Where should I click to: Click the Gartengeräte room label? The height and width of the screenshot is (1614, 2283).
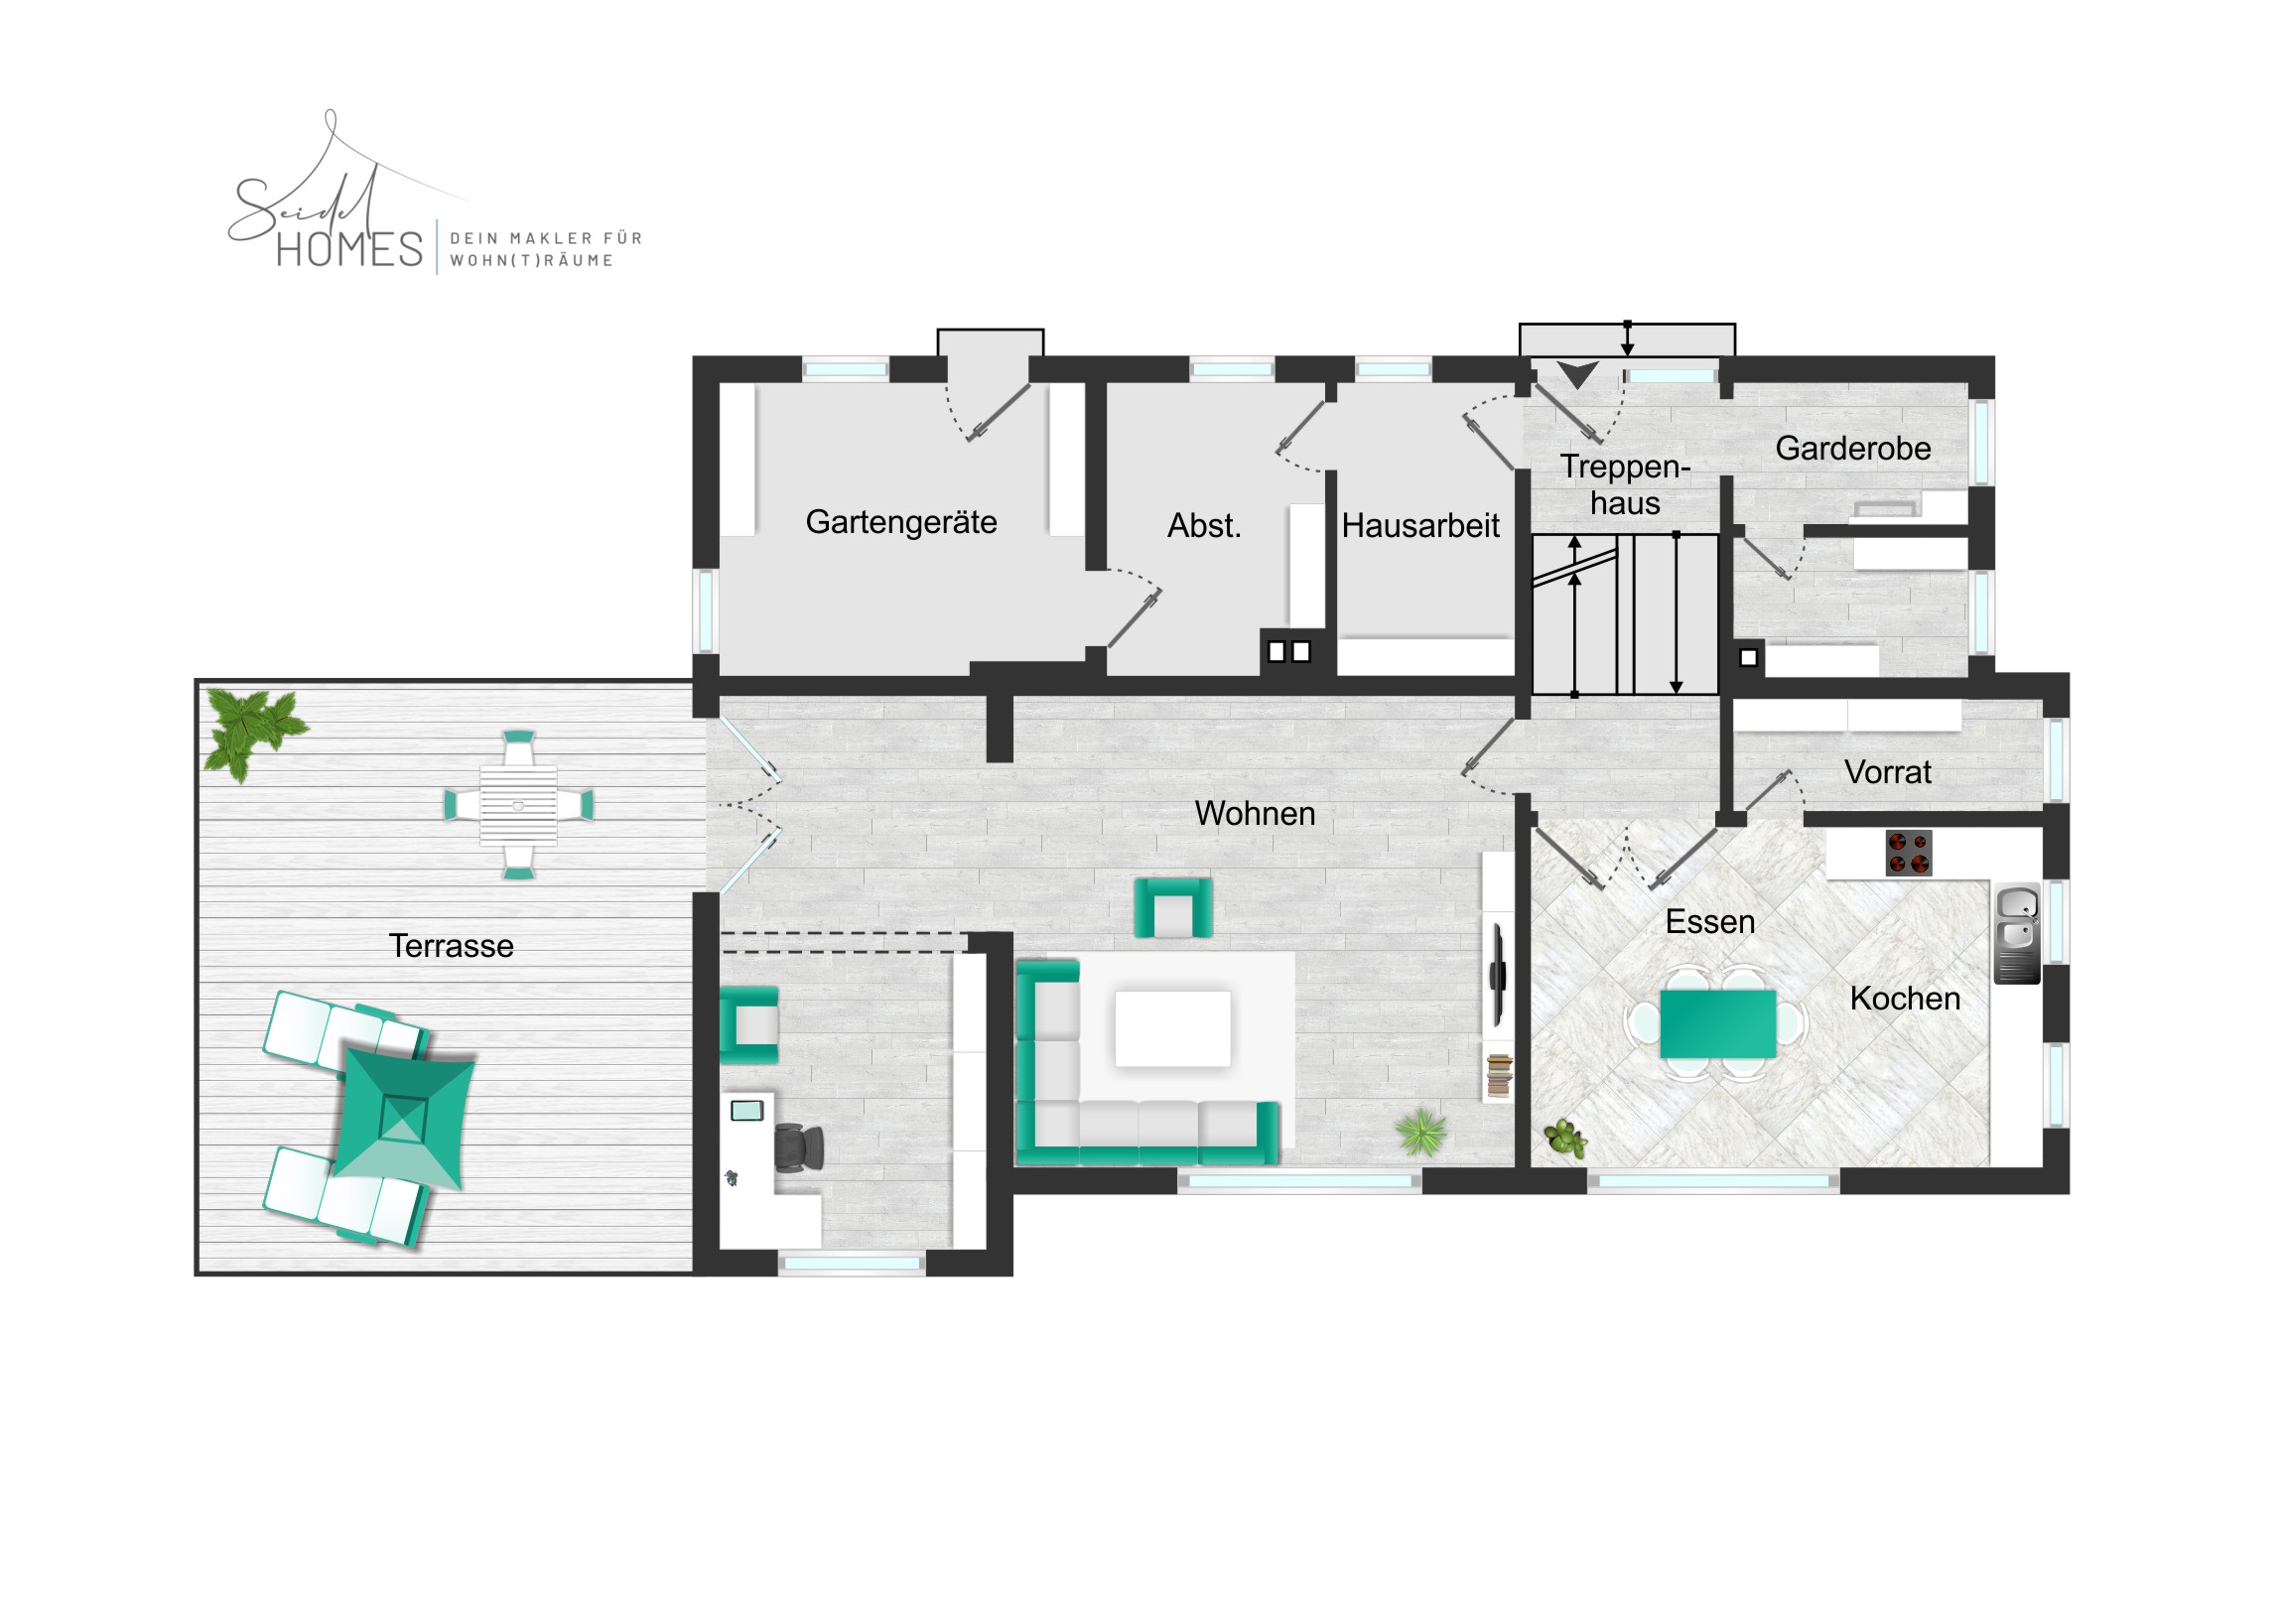click(x=901, y=523)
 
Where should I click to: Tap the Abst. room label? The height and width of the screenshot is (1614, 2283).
click(x=1204, y=525)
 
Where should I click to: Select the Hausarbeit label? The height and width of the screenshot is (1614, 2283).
click(x=1419, y=525)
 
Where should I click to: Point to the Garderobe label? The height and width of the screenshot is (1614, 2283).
click(x=1853, y=449)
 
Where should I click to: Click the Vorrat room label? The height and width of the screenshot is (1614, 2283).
click(x=1887, y=771)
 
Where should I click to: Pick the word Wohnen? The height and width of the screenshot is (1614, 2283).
click(x=1255, y=814)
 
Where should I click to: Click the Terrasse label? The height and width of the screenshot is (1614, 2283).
click(x=452, y=946)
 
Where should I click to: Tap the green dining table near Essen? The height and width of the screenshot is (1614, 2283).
click(x=1718, y=1023)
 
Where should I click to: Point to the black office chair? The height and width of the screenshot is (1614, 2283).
click(x=798, y=1147)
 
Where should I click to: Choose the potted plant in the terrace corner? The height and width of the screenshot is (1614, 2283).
click(x=252, y=732)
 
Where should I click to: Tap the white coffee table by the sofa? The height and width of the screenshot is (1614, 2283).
click(x=1172, y=1028)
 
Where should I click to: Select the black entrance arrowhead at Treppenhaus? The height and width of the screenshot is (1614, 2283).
click(x=1577, y=374)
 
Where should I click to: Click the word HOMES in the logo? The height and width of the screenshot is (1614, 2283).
click(x=350, y=249)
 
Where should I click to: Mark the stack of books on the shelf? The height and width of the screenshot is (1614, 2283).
click(x=1499, y=1076)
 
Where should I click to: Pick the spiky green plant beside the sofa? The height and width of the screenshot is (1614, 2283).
click(x=1421, y=1132)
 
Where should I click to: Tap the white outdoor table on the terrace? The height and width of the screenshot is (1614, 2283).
click(x=518, y=804)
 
